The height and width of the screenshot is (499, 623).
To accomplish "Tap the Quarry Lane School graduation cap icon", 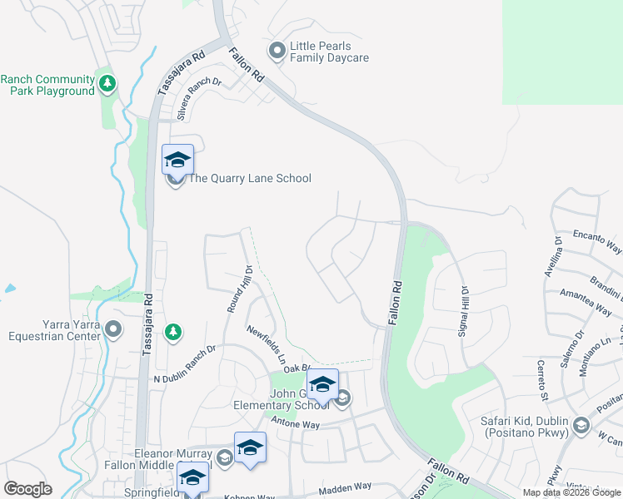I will [177, 159].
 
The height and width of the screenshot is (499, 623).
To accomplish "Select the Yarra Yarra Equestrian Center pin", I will [114, 331].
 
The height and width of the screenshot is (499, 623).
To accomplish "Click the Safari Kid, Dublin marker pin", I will [581, 427].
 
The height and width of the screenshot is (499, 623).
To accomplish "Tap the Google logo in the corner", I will [27, 489].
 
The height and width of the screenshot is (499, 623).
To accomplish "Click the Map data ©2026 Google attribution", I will [571, 492].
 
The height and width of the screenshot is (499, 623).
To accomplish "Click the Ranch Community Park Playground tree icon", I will [107, 83].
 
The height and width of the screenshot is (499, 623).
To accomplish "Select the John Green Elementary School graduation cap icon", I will [322, 384].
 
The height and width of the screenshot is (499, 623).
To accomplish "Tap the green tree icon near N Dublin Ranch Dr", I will [172, 333].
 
